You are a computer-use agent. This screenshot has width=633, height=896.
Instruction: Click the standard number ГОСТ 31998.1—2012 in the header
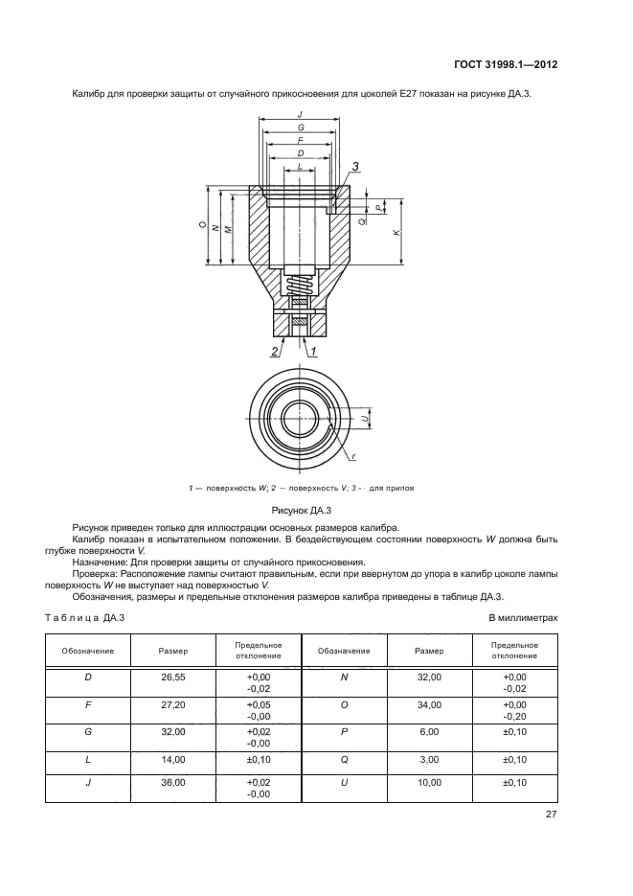tap(507, 65)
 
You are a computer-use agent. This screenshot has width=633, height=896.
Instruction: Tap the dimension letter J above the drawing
tap(301, 114)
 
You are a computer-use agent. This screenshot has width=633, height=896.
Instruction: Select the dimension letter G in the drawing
tap(301, 126)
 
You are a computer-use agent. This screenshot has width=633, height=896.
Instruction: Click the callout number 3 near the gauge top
tap(355, 167)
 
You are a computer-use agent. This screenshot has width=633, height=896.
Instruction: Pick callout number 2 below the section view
tap(274, 352)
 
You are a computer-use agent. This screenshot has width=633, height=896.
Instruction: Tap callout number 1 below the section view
tap(312, 352)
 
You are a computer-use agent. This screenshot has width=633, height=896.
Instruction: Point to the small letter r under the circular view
tap(353, 457)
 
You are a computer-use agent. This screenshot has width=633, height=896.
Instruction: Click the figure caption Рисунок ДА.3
tap(302, 512)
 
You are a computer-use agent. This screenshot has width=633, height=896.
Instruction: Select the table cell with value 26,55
tap(173, 681)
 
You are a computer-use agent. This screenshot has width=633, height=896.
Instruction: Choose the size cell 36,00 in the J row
tap(173, 782)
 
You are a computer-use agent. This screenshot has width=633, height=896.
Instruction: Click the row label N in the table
tap(344, 681)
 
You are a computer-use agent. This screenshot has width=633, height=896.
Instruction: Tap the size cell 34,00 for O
tap(429, 706)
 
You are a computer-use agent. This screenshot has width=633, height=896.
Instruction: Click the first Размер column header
tap(173, 651)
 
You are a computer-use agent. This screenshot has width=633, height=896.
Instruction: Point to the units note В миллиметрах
tap(523, 619)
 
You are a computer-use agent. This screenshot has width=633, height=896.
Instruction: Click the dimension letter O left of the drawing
tap(202, 226)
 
